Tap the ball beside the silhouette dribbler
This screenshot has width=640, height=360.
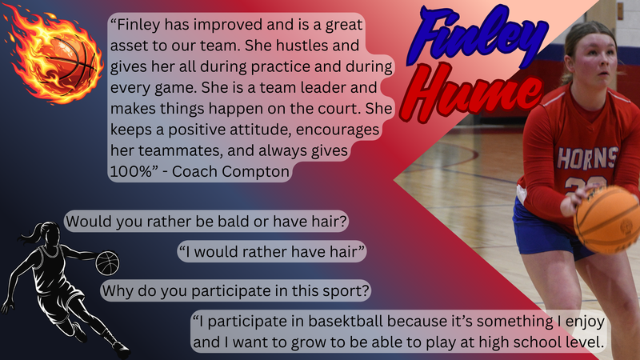(x=107, y=262)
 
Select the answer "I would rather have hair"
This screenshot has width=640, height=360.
(x=272, y=253)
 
